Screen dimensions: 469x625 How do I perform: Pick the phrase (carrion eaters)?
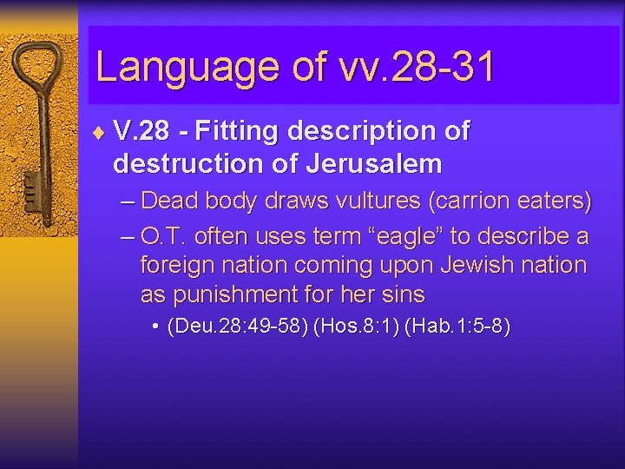pos(509,201)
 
